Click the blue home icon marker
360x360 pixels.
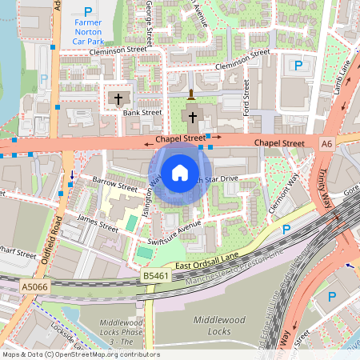(179, 172)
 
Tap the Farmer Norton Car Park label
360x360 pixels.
(87, 31)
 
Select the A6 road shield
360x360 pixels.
(326, 144)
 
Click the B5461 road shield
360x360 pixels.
(156, 276)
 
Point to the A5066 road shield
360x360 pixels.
(34, 286)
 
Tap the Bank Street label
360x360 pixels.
(142, 113)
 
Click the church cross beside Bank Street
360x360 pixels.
(118, 99)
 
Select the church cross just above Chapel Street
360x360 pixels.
(192, 117)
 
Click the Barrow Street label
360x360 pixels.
(110, 183)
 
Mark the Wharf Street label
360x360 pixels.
(18, 256)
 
